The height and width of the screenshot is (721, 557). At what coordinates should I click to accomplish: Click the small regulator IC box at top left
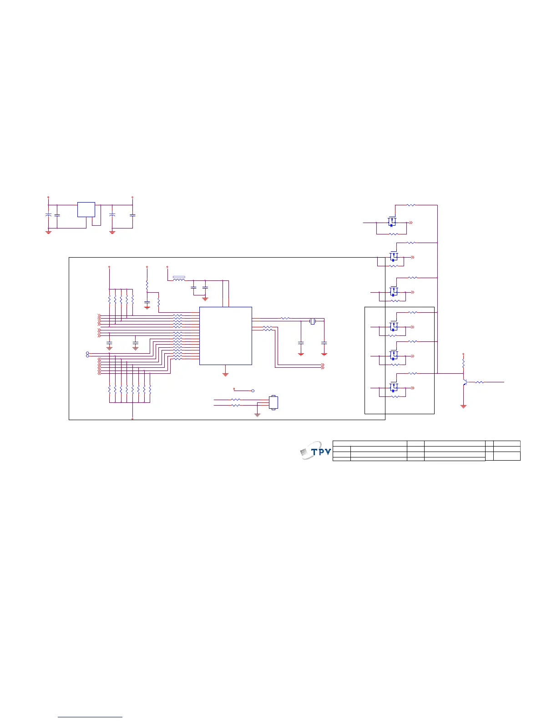[x=86, y=209]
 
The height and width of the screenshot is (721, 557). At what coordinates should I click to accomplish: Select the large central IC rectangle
[x=225, y=335]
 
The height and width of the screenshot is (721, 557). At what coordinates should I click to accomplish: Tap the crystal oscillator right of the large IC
[x=313, y=321]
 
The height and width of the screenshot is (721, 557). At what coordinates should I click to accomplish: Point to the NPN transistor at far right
[x=465, y=382]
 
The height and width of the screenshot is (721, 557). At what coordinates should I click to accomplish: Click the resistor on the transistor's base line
[x=479, y=382]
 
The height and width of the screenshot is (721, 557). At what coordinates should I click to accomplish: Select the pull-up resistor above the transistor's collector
[x=463, y=364]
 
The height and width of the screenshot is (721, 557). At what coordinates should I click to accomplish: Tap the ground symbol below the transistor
[x=463, y=406]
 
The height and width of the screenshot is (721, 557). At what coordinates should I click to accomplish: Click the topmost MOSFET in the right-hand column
[x=392, y=223]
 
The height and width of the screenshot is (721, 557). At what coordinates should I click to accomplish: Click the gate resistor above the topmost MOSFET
[x=410, y=205]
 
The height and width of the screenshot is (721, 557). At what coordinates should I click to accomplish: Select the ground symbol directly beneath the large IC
[x=225, y=374]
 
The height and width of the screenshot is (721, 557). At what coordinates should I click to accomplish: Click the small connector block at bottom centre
[x=273, y=402]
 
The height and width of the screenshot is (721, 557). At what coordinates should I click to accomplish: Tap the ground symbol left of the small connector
[x=257, y=415]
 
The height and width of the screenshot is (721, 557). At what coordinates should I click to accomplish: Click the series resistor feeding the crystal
[x=285, y=319]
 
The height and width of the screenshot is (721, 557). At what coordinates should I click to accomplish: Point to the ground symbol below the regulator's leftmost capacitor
[x=48, y=232]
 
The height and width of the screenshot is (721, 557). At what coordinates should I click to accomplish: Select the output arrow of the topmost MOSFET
[x=411, y=223]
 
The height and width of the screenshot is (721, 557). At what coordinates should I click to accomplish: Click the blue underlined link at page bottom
[x=91, y=717]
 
